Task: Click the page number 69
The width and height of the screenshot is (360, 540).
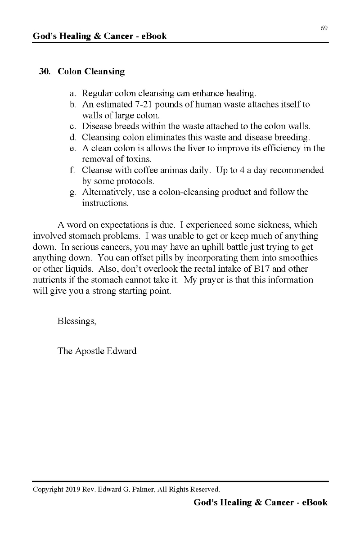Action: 324,28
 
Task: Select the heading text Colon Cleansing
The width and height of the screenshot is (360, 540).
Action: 91,72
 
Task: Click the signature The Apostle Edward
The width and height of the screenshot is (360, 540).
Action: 97,351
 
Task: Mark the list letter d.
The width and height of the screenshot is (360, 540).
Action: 73,137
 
